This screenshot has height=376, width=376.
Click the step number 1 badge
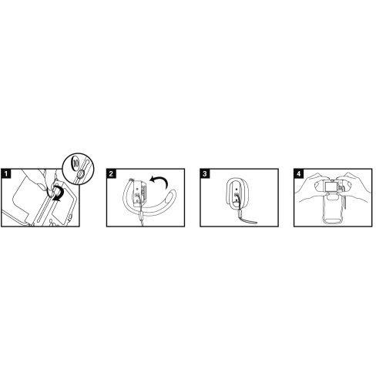pos(6,173)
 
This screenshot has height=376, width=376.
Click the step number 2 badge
pos(111,173)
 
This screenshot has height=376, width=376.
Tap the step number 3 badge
pos(205,173)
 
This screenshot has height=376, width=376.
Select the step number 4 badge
pos(298,173)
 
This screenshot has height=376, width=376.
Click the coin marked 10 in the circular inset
pos(76,162)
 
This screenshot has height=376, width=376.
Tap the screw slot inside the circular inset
pos(80,174)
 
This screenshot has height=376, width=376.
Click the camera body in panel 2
pos(139,191)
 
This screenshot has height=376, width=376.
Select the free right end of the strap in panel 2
pos(173,192)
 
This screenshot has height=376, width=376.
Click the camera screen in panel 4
pos(331,186)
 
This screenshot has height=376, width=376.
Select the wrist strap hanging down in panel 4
pos(346,200)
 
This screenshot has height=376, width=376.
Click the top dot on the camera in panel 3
pos(237,189)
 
